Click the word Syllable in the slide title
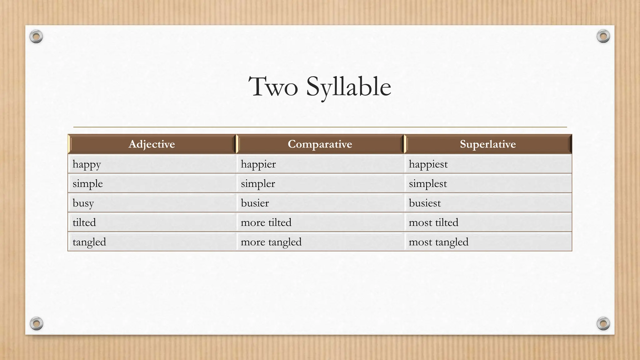tap(348, 87)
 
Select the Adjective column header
tap(152, 144)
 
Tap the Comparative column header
tap(320, 144)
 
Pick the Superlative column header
tap(487, 144)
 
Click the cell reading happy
tap(87, 164)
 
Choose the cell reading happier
tap(258, 164)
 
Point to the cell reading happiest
tap(428, 164)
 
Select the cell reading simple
tap(87, 184)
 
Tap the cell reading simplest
tap(428, 184)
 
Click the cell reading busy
tap(83, 203)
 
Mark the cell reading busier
tap(255, 203)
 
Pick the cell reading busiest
tap(425, 203)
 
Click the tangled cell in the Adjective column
tap(89, 242)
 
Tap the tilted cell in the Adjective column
tap(84, 222)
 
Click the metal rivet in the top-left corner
tap(36, 37)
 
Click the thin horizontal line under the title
tap(320, 127)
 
